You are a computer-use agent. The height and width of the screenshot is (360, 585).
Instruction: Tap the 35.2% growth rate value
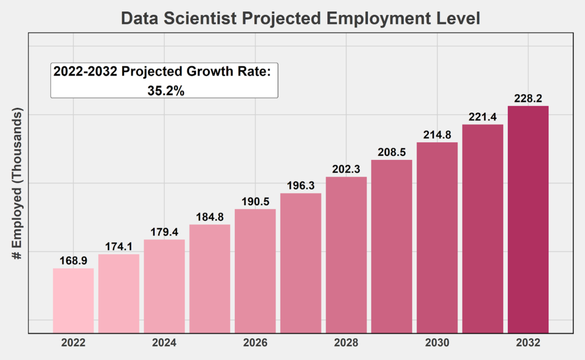tap(166, 90)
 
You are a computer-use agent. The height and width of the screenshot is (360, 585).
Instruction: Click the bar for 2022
tap(73, 300)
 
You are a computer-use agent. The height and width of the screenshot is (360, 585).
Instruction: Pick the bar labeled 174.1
tap(119, 293)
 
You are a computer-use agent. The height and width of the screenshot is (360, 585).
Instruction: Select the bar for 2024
tap(165, 286)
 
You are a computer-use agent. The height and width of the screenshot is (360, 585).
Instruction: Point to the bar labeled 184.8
tap(210, 278)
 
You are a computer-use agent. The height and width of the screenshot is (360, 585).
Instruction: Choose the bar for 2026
tap(255, 270)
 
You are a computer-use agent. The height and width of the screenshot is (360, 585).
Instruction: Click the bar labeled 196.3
tap(300, 263)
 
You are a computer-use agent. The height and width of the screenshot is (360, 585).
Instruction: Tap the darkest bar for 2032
tap(528, 219)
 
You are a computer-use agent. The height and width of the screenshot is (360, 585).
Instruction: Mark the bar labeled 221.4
tap(483, 228)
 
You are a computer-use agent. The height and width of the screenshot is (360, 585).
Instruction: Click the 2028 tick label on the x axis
tap(346, 343)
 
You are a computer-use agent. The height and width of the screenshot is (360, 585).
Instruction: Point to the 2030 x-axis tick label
tap(437, 343)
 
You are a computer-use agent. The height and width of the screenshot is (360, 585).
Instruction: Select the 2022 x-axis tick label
tap(73, 343)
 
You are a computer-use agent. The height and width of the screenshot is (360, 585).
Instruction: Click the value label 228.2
tap(528, 98)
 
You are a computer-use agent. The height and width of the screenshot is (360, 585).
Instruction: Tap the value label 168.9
tap(73, 261)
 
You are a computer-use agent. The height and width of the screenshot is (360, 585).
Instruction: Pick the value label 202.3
tap(346, 169)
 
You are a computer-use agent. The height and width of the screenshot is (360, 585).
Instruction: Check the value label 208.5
tap(392, 153)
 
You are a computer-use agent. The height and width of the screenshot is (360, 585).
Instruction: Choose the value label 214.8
tap(437, 135)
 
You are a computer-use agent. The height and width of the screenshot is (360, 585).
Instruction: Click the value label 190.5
tap(255, 201)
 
